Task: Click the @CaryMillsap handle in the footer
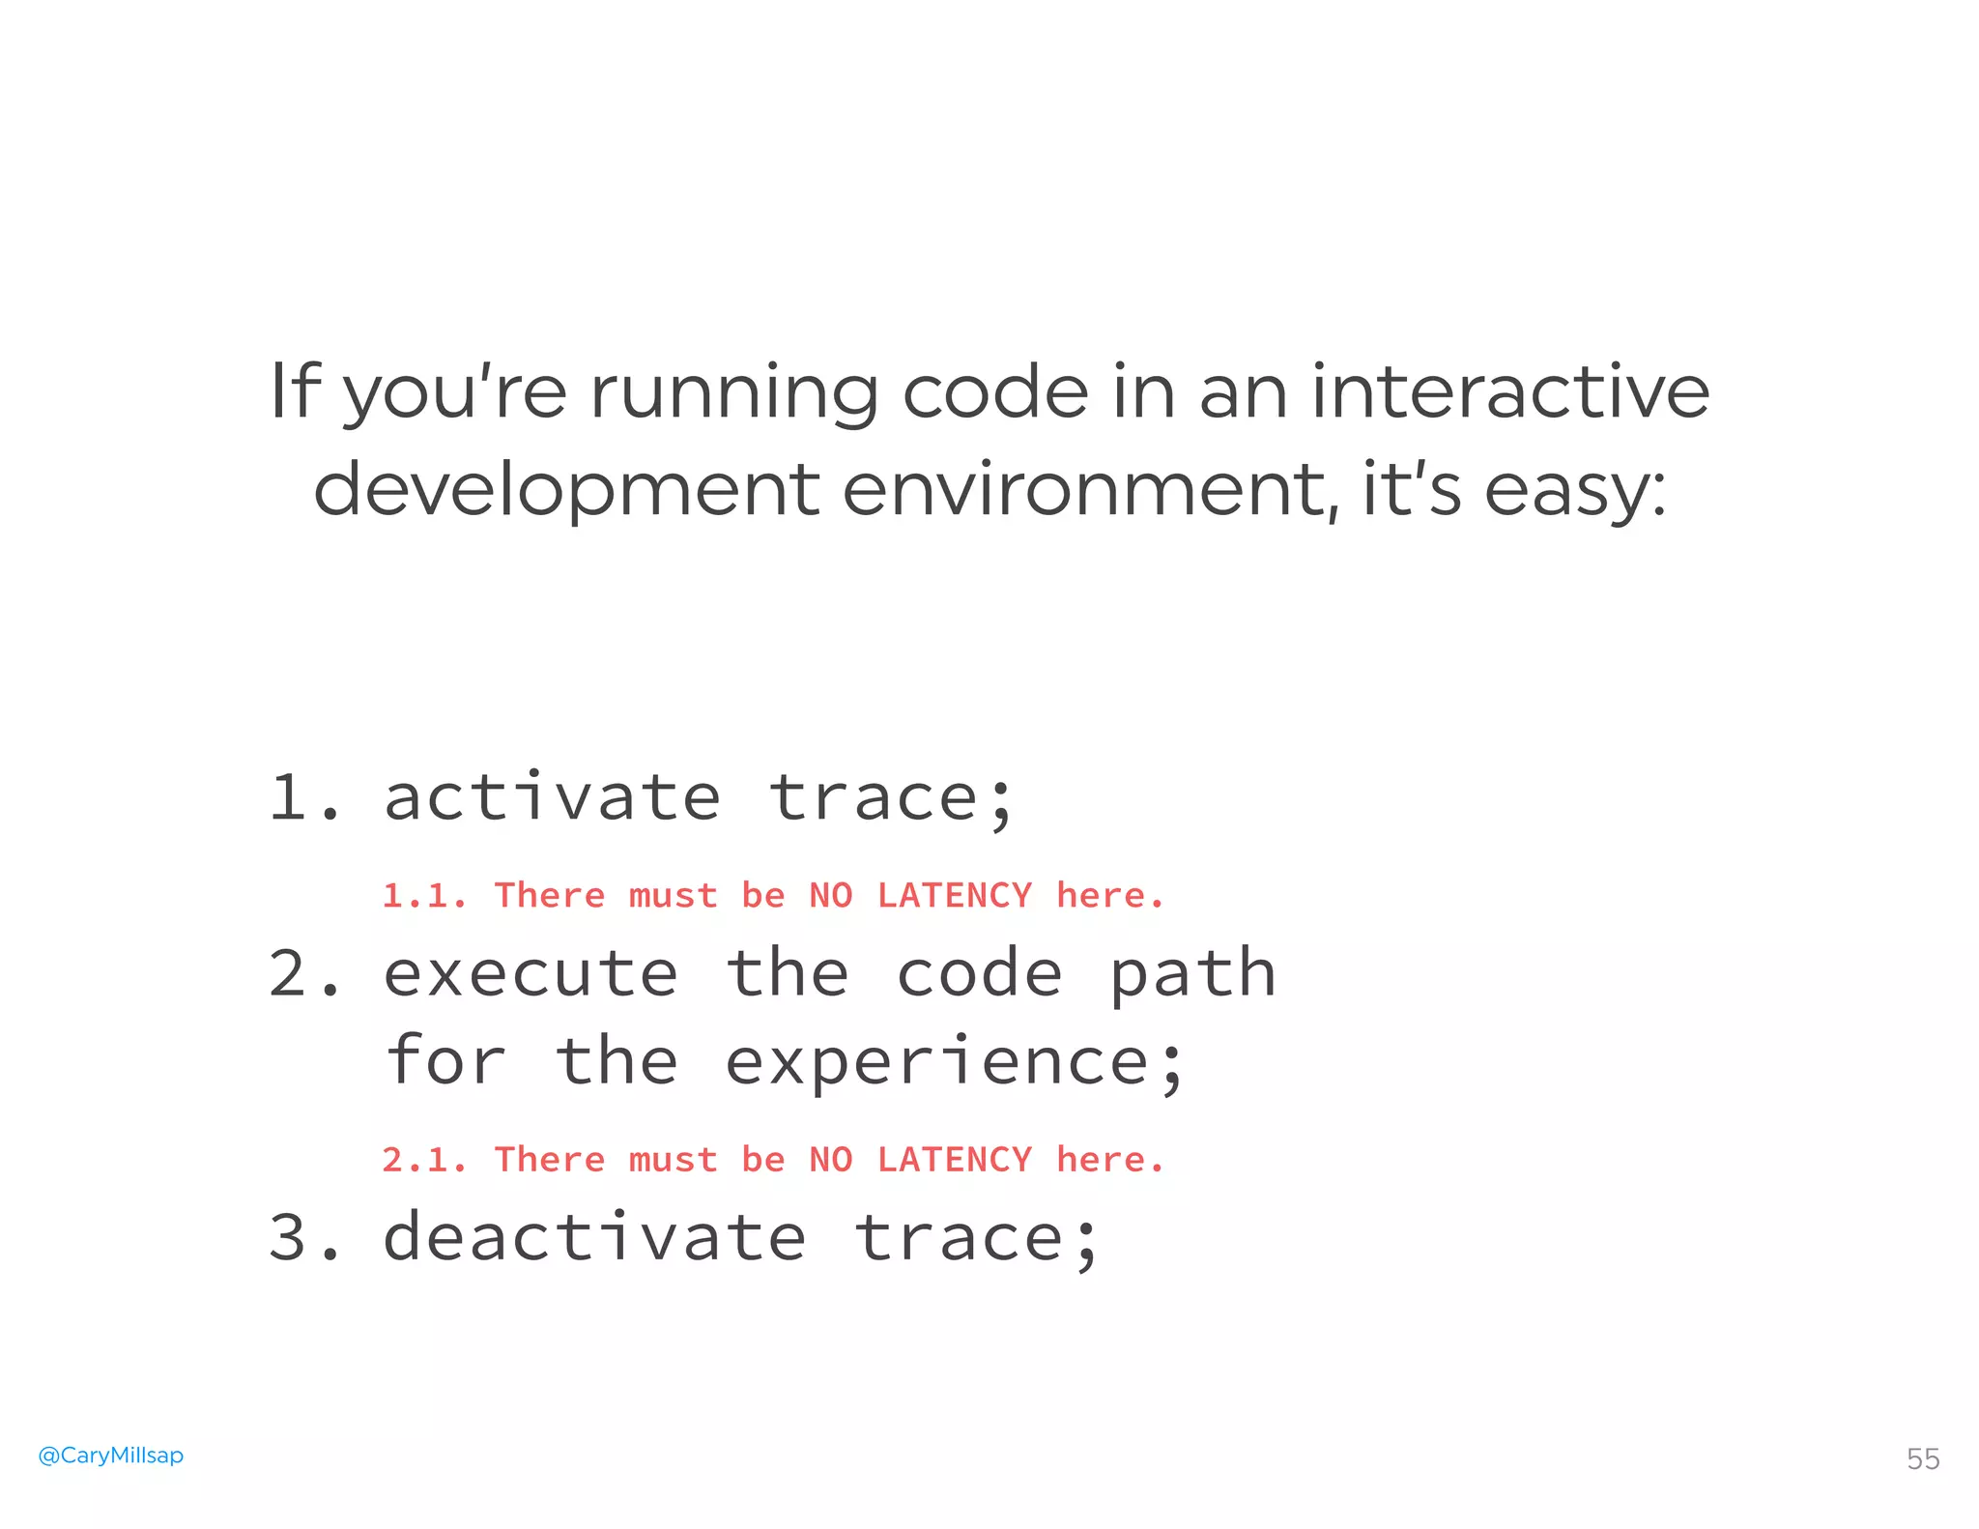[110, 1455]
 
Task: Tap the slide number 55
[1922, 1458]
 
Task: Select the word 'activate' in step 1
[552, 798]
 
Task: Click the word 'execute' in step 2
[531, 974]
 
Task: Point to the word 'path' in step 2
[1192, 974]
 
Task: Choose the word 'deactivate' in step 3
[594, 1238]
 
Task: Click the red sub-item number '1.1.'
[424, 896]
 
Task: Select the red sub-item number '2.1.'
[424, 1160]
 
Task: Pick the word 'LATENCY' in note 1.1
[955, 896]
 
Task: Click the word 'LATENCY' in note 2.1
[955, 1160]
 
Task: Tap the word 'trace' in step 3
[960, 1238]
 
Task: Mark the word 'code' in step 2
[980, 974]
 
